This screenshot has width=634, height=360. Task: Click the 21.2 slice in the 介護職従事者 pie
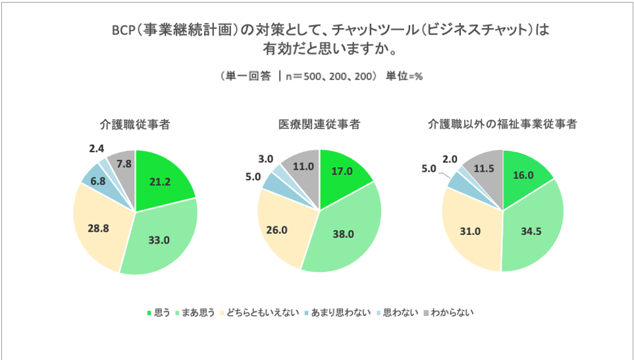click(x=160, y=182)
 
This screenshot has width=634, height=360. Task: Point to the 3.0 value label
click(x=265, y=159)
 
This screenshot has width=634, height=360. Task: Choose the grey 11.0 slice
click(x=302, y=167)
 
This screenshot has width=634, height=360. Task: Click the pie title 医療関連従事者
click(x=319, y=124)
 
